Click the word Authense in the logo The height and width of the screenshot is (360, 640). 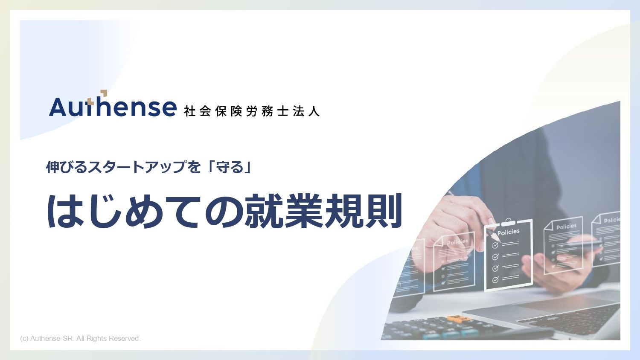113,106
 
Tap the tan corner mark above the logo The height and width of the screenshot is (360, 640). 104,93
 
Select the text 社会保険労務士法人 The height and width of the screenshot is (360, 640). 251,111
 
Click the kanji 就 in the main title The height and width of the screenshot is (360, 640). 262,211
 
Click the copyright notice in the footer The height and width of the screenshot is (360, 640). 80,338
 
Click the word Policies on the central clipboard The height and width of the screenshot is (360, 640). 508,232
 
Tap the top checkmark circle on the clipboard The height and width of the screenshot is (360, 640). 495,245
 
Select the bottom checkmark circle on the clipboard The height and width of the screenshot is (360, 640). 495,279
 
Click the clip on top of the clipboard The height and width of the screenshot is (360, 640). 508,222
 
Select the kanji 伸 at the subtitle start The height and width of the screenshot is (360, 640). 52,167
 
